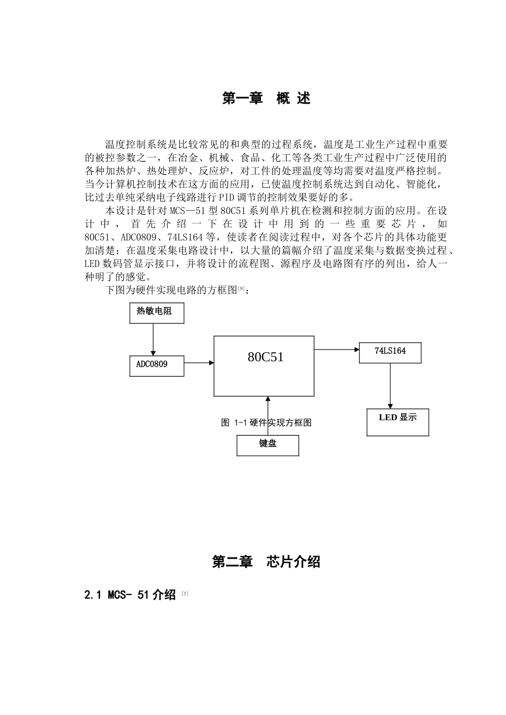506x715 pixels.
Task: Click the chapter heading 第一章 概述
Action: (x=266, y=98)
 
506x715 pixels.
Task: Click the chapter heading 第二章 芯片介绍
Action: (x=266, y=562)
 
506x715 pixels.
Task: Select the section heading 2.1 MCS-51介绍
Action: (x=130, y=595)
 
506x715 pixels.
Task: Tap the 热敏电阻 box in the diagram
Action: (x=157, y=313)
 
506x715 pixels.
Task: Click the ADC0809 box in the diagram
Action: (x=157, y=365)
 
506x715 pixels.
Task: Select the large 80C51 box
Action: (x=264, y=365)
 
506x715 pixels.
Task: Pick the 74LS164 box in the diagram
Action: (x=390, y=352)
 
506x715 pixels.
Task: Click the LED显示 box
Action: (x=397, y=422)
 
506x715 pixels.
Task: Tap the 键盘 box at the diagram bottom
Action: (x=267, y=445)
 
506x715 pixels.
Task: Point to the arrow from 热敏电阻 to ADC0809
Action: (x=153, y=339)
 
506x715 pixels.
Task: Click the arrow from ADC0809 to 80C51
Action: (x=199, y=363)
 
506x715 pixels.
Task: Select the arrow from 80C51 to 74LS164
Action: (x=336, y=350)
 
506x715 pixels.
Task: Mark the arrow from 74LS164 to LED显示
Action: (x=390, y=386)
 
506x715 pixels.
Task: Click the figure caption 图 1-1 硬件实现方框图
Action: (x=266, y=423)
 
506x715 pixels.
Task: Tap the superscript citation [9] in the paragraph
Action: (x=241, y=288)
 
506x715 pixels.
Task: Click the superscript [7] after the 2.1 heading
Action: (x=185, y=593)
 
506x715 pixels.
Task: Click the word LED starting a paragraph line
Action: (x=92, y=264)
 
